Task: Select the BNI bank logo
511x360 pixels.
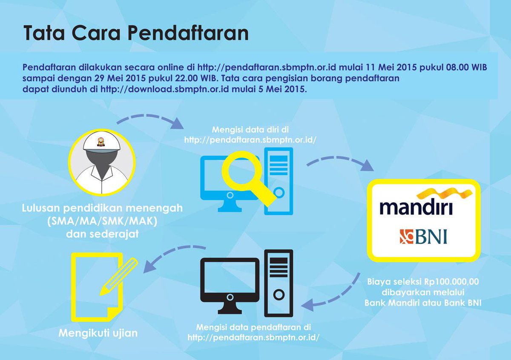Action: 423,236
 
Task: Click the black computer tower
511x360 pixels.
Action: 278,283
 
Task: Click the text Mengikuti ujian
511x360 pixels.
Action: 98,333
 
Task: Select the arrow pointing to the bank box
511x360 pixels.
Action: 341,162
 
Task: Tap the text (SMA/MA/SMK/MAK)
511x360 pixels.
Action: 103,221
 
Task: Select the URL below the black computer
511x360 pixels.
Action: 253,337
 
